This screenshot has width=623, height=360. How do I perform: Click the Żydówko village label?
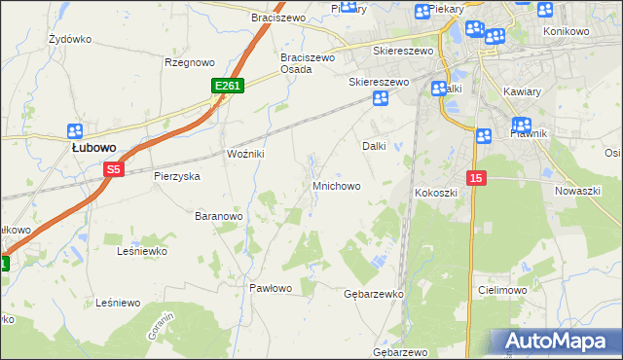[x=69, y=40]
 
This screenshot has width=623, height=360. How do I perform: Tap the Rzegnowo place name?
[x=189, y=62]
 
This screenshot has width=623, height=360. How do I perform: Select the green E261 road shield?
[x=227, y=87]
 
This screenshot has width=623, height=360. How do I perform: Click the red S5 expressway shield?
[x=114, y=169]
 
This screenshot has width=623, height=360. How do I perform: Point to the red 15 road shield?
[x=475, y=178]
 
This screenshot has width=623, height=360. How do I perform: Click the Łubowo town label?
[x=94, y=148]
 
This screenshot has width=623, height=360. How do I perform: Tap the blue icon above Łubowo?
[x=75, y=131]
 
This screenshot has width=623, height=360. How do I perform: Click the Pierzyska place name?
[x=176, y=177]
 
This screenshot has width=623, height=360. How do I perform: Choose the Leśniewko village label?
[x=142, y=251]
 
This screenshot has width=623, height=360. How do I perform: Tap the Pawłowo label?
[x=271, y=288]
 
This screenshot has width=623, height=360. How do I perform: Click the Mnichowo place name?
[x=337, y=185]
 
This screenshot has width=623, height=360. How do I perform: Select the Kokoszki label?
[x=436, y=193]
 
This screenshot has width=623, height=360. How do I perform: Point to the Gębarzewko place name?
[x=374, y=293]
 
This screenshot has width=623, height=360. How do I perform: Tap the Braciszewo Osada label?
[x=308, y=63]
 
